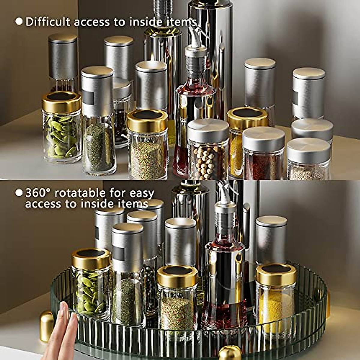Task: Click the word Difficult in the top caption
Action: coord(48,22)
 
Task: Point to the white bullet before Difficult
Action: coord(19,22)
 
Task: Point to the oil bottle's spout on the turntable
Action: coord(224,192)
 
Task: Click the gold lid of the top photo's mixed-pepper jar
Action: coord(147,120)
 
